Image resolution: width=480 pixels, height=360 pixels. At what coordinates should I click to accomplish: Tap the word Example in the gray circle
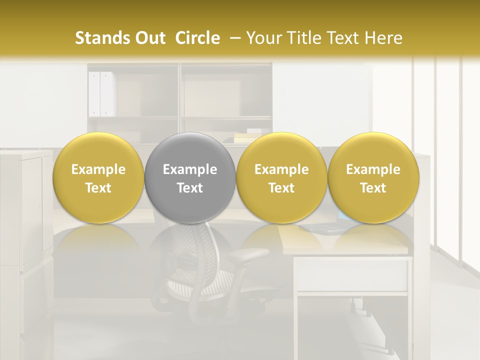click(x=190, y=169)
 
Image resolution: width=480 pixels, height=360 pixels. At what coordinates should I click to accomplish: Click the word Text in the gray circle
click(x=190, y=188)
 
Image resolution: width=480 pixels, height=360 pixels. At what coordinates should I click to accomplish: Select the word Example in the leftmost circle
click(x=98, y=169)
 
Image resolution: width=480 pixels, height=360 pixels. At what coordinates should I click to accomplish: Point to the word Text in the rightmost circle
click(x=373, y=188)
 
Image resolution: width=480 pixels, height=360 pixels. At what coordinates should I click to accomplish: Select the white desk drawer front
click(x=352, y=275)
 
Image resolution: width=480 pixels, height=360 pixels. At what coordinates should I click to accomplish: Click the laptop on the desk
click(x=325, y=227)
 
